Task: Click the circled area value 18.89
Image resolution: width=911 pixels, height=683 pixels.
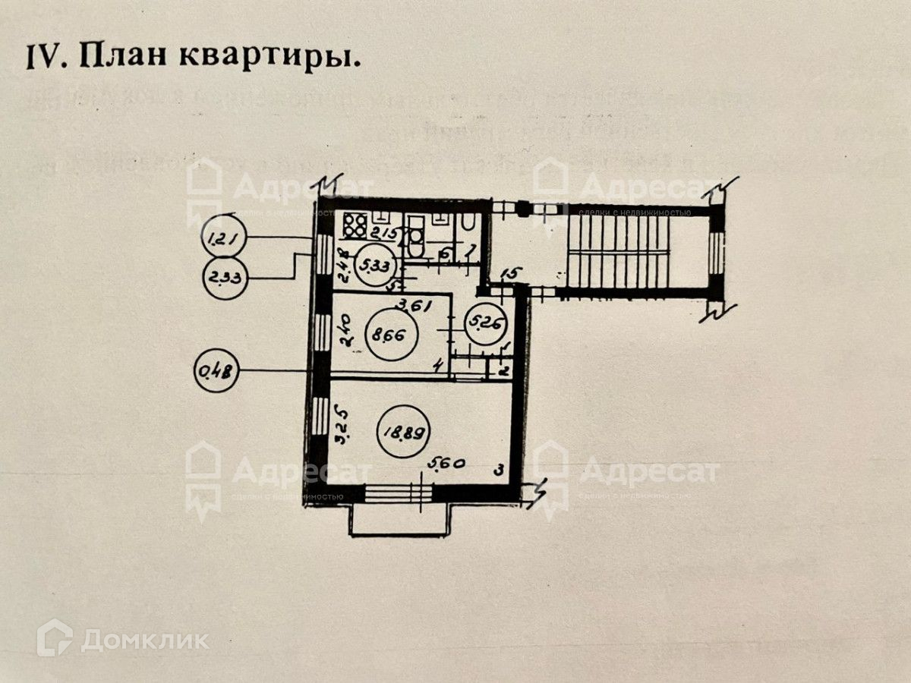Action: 403,434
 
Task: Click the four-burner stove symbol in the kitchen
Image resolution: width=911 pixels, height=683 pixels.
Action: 355,225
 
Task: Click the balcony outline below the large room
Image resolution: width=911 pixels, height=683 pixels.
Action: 399,519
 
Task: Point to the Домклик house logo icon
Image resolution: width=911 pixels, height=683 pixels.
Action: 55,637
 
